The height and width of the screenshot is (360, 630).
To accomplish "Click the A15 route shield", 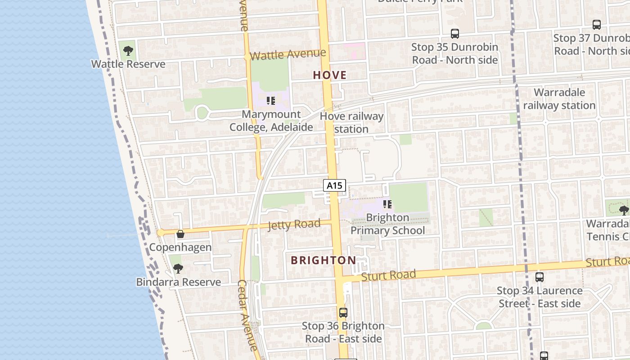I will point(334,185).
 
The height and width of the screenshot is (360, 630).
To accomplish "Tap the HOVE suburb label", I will point(330,75).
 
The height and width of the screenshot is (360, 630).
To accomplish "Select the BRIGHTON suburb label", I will point(324,260).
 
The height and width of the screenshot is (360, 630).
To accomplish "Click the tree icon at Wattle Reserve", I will point(128,51).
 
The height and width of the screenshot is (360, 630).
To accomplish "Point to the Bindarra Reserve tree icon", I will point(178,269).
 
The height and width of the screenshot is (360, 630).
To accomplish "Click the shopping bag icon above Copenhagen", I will point(180,234).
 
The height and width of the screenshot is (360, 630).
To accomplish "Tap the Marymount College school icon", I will point(271,101).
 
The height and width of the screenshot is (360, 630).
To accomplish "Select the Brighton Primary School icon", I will point(387,204).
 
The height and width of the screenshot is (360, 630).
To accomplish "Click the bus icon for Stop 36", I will point(343,312).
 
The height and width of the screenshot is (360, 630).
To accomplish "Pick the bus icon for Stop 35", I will point(455,34).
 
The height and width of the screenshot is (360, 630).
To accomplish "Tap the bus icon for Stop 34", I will point(540,277).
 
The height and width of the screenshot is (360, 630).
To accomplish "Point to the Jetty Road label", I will point(294,224).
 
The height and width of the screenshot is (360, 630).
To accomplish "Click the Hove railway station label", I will point(351,123).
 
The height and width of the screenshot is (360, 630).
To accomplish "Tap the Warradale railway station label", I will point(559,99).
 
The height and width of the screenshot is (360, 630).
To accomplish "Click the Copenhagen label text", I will point(180,247).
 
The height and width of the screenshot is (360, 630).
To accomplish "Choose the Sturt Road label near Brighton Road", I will point(388,275).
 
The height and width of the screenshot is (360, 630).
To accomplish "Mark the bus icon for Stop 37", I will point(597,25).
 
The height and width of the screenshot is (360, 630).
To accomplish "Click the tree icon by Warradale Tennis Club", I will point(624,210).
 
